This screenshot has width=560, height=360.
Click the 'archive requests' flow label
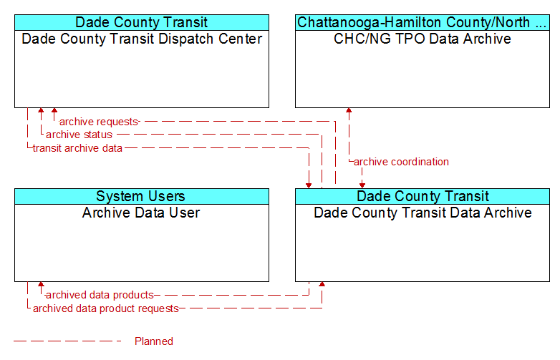point(99,122)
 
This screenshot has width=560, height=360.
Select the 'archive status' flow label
point(79,135)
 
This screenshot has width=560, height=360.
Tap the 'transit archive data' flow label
point(77,148)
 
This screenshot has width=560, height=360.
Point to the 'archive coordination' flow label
point(401,162)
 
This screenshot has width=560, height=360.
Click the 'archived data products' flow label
point(100,295)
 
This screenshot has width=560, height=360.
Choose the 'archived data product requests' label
point(106,308)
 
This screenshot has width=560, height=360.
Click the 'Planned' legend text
point(154,341)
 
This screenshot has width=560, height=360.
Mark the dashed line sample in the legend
point(67,341)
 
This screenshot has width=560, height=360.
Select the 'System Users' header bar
point(142,196)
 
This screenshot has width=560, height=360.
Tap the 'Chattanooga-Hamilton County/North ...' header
point(423,22)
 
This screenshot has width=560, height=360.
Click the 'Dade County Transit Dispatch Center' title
point(142,39)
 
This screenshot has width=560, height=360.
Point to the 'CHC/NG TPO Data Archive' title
point(423,39)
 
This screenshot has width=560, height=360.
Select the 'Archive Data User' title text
point(141,213)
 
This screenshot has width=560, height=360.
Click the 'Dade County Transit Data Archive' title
point(423,213)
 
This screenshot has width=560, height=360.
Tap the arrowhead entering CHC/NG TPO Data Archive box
point(349,110)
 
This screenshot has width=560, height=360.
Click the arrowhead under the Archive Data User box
point(41,284)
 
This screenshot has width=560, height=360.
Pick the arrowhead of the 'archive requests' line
point(54,110)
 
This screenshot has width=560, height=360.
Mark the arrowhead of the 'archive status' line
point(41,110)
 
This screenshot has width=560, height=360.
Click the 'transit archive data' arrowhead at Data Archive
point(309,185)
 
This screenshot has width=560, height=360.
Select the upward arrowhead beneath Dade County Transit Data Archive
point(322,284)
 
